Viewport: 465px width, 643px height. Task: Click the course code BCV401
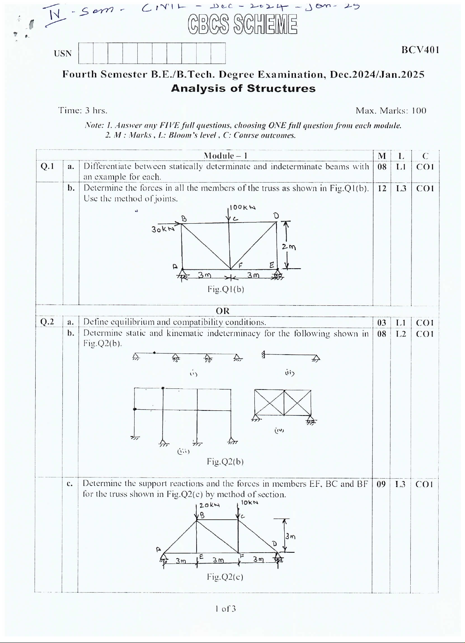(x=420, y=50)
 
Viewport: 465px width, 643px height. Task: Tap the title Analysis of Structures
(x=243, y=88)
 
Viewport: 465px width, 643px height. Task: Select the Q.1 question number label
(x=47, y=167)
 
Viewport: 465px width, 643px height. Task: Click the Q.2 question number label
(x=47, y=322)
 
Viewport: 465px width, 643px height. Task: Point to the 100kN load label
(x=243, y=207)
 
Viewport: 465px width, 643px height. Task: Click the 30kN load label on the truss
(x=162, y=229)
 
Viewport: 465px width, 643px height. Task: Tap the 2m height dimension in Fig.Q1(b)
(x=289, y=247)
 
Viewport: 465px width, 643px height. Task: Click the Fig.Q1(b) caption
(x=226, y=289)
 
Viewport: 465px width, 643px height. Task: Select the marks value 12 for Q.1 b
(x=382, y=188)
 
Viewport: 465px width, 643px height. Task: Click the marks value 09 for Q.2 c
(x=381, y=484)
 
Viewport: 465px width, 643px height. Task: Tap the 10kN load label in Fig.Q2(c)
(x=249, y=502)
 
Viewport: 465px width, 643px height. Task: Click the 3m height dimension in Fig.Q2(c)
(x=290, y=536)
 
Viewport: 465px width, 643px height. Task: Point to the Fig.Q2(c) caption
(x=225, y=577)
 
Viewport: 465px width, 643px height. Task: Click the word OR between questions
(x=223, y=311)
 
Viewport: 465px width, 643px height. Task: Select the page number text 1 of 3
(x=225, y=609)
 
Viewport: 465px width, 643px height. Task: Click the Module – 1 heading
(x=225, y=156)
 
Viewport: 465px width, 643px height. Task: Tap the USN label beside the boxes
(x=63, y=53)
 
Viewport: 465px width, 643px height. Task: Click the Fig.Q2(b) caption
(x=225, y=461)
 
